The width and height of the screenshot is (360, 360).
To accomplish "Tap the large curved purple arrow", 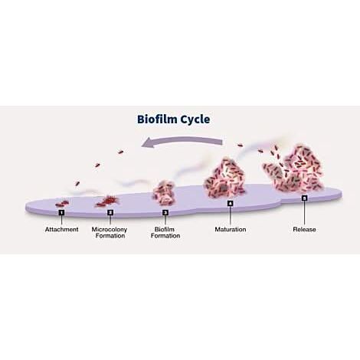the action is point(182,141).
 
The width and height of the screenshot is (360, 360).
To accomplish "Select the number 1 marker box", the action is point(61,212).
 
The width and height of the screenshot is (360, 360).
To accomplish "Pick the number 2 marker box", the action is point(110,212).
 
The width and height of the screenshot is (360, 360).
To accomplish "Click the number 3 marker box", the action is point(165,212).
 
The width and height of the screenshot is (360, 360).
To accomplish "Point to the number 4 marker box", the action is point(230,203).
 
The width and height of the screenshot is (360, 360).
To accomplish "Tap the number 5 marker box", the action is point(304,198).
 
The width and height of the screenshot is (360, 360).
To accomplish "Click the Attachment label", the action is point(62,229).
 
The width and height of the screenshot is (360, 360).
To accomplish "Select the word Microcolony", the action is point(110,229).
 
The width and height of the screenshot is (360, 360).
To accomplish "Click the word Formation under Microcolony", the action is point(110,236).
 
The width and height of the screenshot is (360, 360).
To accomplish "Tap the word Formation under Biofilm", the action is point(165,236).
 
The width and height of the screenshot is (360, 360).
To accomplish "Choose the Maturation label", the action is point(231,229).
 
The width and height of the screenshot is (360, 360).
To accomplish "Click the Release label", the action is point(304,229).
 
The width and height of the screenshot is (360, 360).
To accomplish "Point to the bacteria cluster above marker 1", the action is point(62,204).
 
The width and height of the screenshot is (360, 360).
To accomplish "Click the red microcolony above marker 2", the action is point(107,201).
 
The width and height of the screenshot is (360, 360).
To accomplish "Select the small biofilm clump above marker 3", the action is point(164,193).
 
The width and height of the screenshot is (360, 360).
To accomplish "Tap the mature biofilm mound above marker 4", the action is point(224,178).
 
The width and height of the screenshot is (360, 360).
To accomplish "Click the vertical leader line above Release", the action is point(304,214).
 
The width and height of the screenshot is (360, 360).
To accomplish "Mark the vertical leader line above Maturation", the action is point(230,216).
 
